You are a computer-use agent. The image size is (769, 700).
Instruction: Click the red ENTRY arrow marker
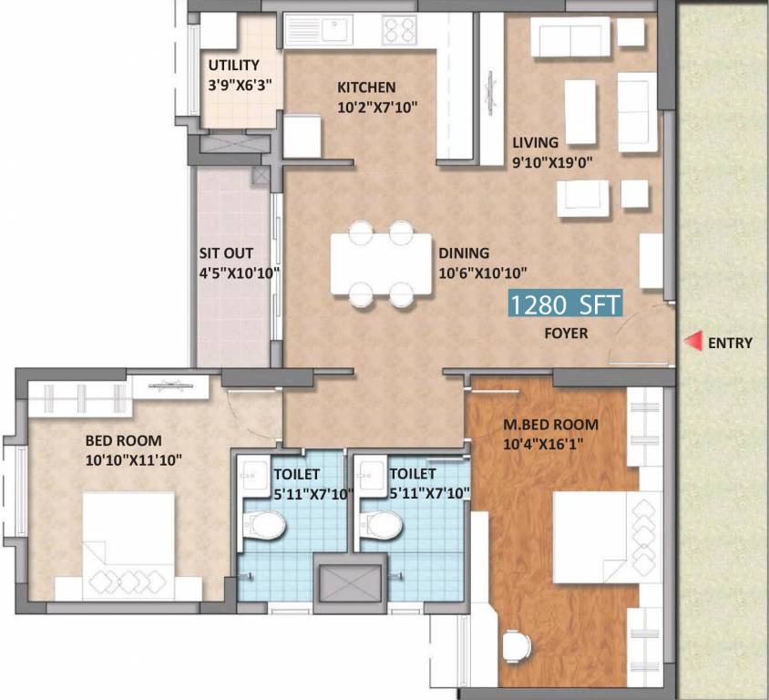pyautogui.click(x=693, y=342)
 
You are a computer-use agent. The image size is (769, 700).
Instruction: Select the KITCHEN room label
pyautogui.click(x=366, y=87)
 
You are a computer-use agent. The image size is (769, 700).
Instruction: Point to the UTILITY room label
pyautogui.click(x=233, y=66)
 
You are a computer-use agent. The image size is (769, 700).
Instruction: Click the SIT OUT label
pyautogui.click(x=226, y=253)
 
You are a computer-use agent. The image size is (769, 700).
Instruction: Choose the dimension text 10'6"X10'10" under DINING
pyautogui.click(x=483, y=272)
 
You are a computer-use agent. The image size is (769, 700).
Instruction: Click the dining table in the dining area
pyautogui.click(x=381, y=263)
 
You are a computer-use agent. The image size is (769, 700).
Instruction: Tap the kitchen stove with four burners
pyautogui.click(x=399, y=31)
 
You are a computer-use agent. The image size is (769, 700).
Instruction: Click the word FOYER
pyautogui.click(x=565, y=334)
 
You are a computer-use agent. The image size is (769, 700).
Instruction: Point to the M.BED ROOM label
pyautogui.click(x=550, y=424)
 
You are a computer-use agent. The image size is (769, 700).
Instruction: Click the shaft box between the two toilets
pyautogui.click(x=349, y=581)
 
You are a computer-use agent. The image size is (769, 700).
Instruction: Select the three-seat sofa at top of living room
pyautogui.click(x=570, y=37)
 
